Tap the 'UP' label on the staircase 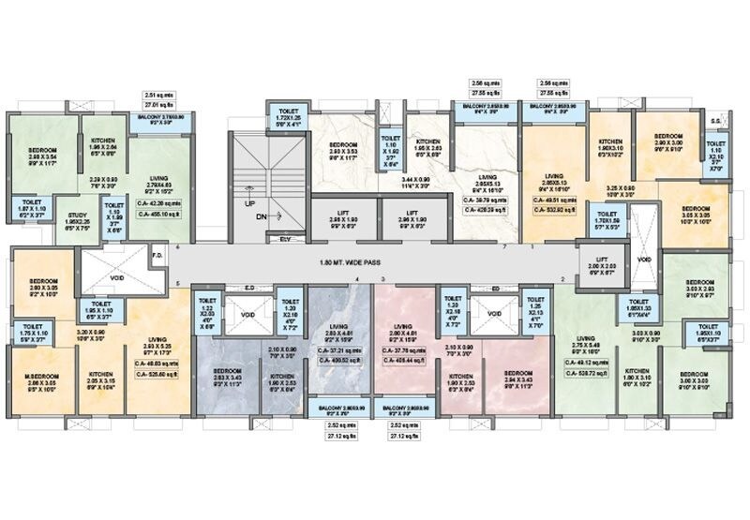[249, 202]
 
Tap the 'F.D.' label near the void [158, 252]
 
